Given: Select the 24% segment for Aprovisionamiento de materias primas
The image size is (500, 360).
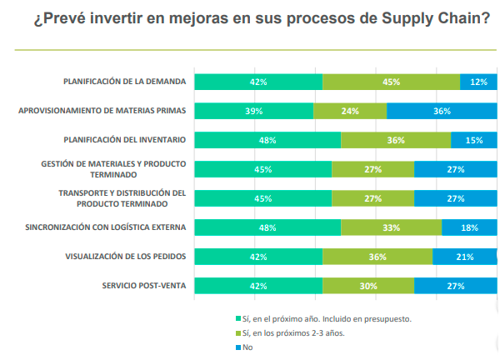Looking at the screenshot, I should (x=350, y=111).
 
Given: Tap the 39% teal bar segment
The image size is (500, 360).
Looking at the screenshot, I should (x=254, y=111).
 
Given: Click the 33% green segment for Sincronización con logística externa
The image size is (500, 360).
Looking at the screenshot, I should (x=391, y=227).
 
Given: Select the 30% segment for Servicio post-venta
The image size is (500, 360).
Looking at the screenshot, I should (x=368, y=286).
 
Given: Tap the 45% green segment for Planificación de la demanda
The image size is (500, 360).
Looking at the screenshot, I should (x=391, y=82).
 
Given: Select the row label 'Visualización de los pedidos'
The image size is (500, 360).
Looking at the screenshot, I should (x=125, y=256).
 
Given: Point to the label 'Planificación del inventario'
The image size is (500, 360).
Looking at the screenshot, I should (x=124, y=139).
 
